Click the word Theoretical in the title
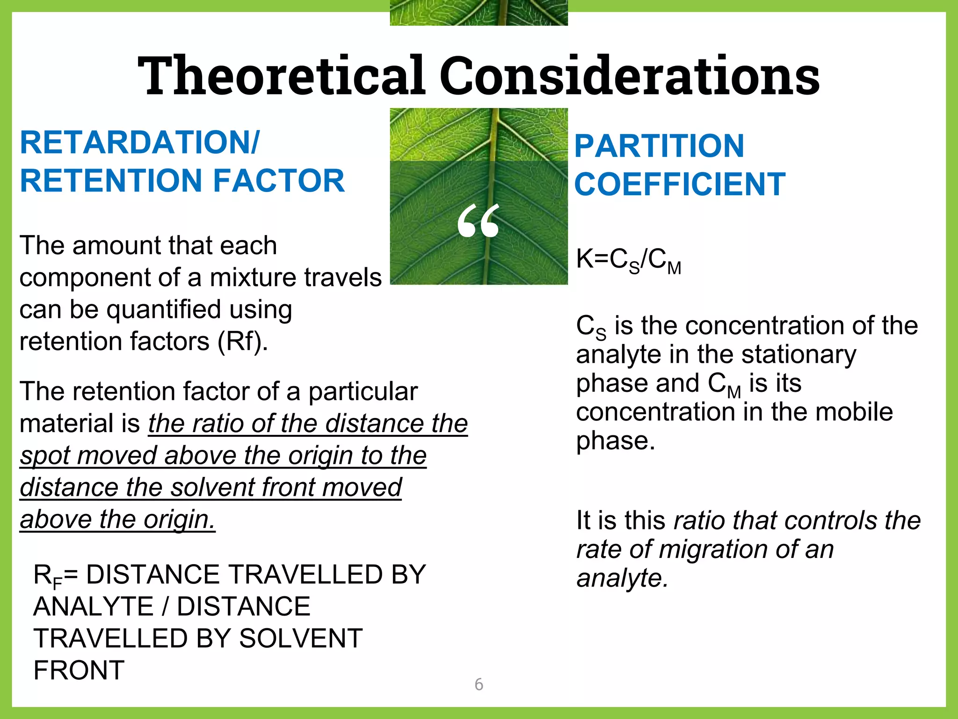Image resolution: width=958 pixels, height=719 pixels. click(x=281, y=76)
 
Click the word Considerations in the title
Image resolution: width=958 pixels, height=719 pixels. click(x=629, y=76)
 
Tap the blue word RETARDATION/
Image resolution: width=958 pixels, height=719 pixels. click(x=139, y=142)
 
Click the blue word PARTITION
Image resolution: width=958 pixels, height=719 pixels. click(x=659, y=146)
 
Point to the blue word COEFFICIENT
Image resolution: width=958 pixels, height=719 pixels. click(x=679, y=184)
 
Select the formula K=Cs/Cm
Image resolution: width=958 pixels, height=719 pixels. click(x=628, y=260)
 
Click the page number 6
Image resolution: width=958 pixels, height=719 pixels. click(x=479, y=684)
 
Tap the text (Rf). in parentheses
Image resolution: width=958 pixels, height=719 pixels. click(x=243, y=341)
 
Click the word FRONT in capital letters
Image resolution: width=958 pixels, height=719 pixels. click(x=79, y=670)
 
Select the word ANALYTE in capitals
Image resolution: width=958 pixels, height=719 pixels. click(x=94, y=607)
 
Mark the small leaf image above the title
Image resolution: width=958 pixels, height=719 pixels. click(x=479, y=13)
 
